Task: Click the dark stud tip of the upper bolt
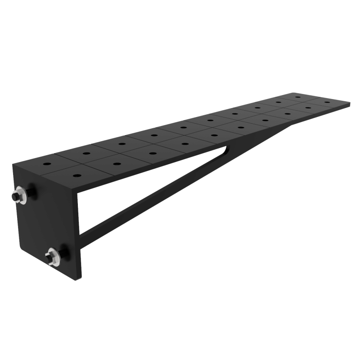[x=16, y=197]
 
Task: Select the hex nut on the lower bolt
[x=52, y=258]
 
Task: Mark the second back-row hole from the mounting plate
[x=84, y=153]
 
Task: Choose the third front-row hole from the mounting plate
[x=152, y=153]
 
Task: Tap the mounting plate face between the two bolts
[x=45, y=225]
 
